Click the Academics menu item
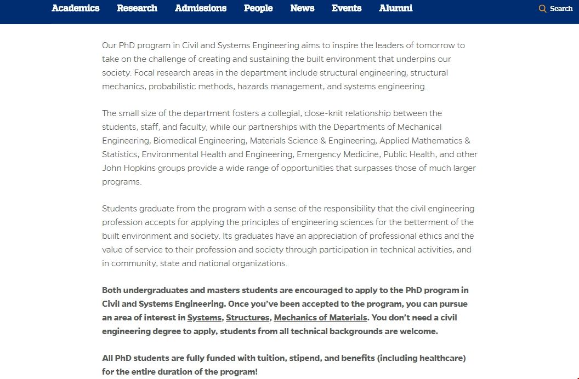[x=76, y=8]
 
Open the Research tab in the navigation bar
[x=137, y=8]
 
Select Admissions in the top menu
[x=201, y=8]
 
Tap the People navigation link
[x=258, y=8]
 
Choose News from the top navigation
[x=302, y=8]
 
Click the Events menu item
[x=347, y=8]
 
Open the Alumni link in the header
[x=396, y=8]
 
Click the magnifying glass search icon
[x=543, y=9]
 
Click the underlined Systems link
[x=205, y=318]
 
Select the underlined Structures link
[x=248, y=318]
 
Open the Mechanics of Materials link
[x=320, y=318]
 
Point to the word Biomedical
[x=174, y=141]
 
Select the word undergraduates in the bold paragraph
[x=150, y=290]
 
